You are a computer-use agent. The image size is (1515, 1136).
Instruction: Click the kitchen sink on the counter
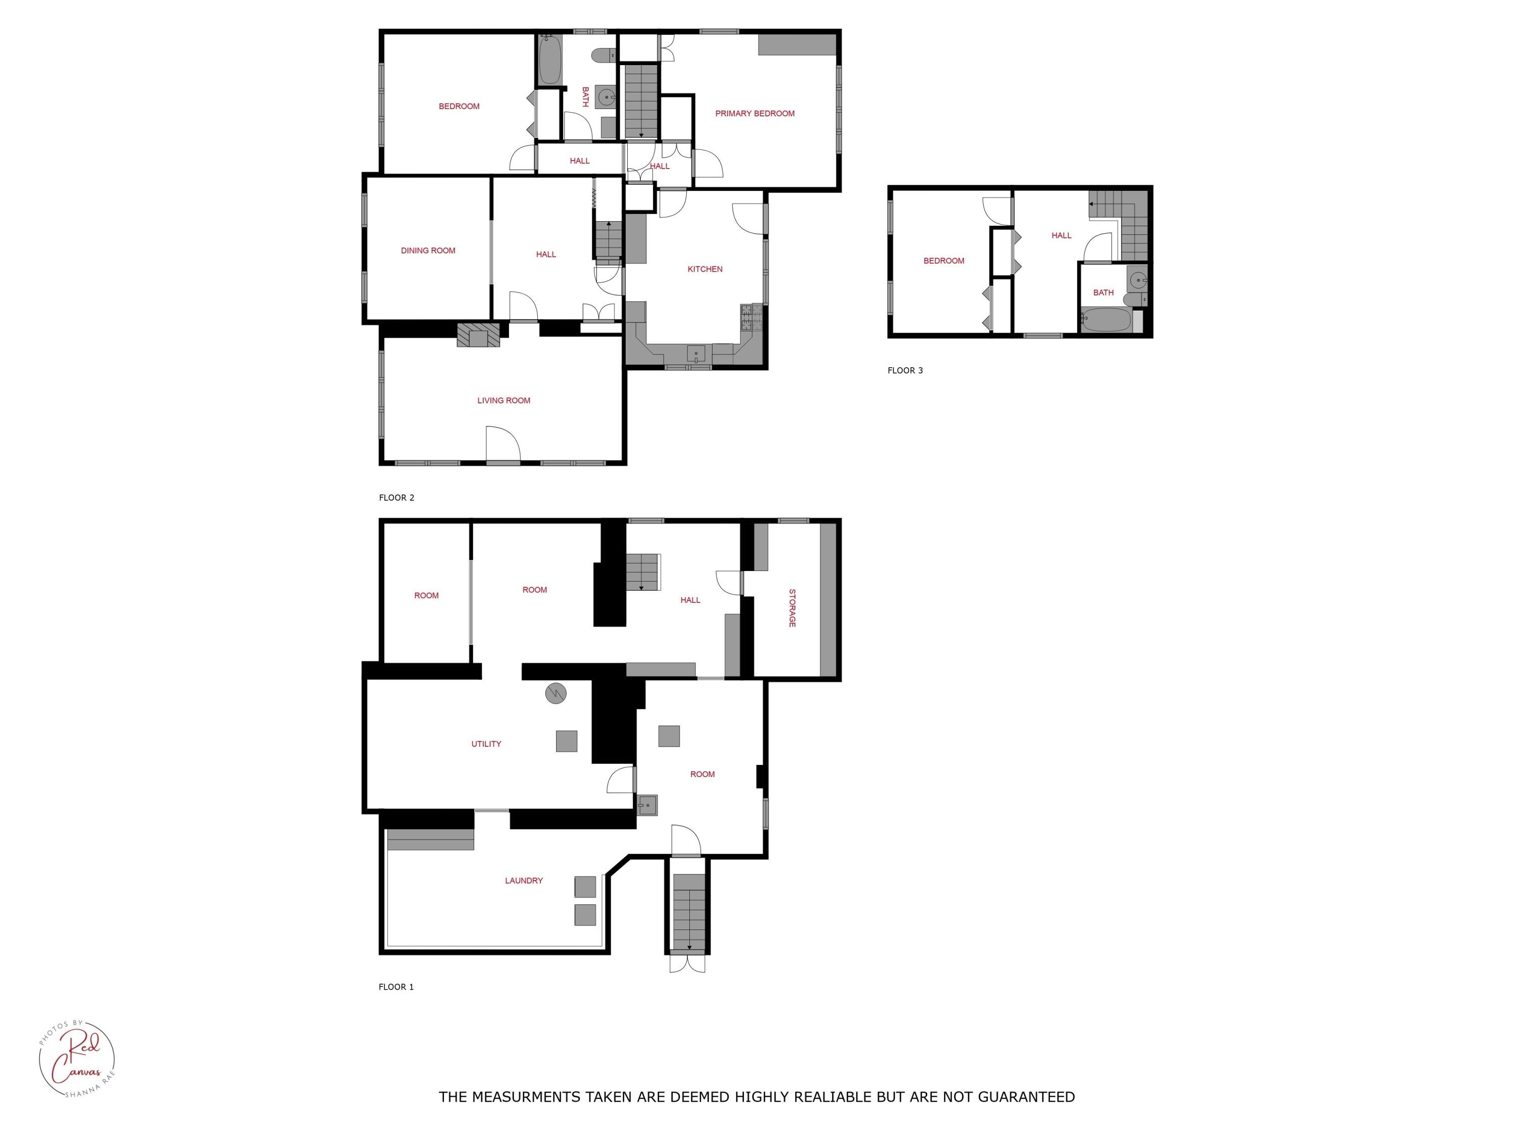point(696,354)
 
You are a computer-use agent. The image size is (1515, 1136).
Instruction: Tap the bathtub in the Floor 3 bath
point(1105,320)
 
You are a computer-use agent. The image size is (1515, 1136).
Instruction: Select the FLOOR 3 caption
point(905,371)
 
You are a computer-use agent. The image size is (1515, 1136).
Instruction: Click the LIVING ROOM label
point(503,400)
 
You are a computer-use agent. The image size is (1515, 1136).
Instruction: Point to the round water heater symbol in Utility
point(555,694)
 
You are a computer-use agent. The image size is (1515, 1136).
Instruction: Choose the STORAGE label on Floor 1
point(792,607)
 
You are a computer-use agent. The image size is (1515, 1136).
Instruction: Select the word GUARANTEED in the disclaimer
point(1026,1097)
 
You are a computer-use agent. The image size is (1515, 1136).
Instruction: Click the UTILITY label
point(486,744)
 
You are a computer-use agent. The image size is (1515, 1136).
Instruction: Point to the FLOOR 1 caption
point(396,987)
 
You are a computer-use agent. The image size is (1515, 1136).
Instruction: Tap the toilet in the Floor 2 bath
point(602,56)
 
